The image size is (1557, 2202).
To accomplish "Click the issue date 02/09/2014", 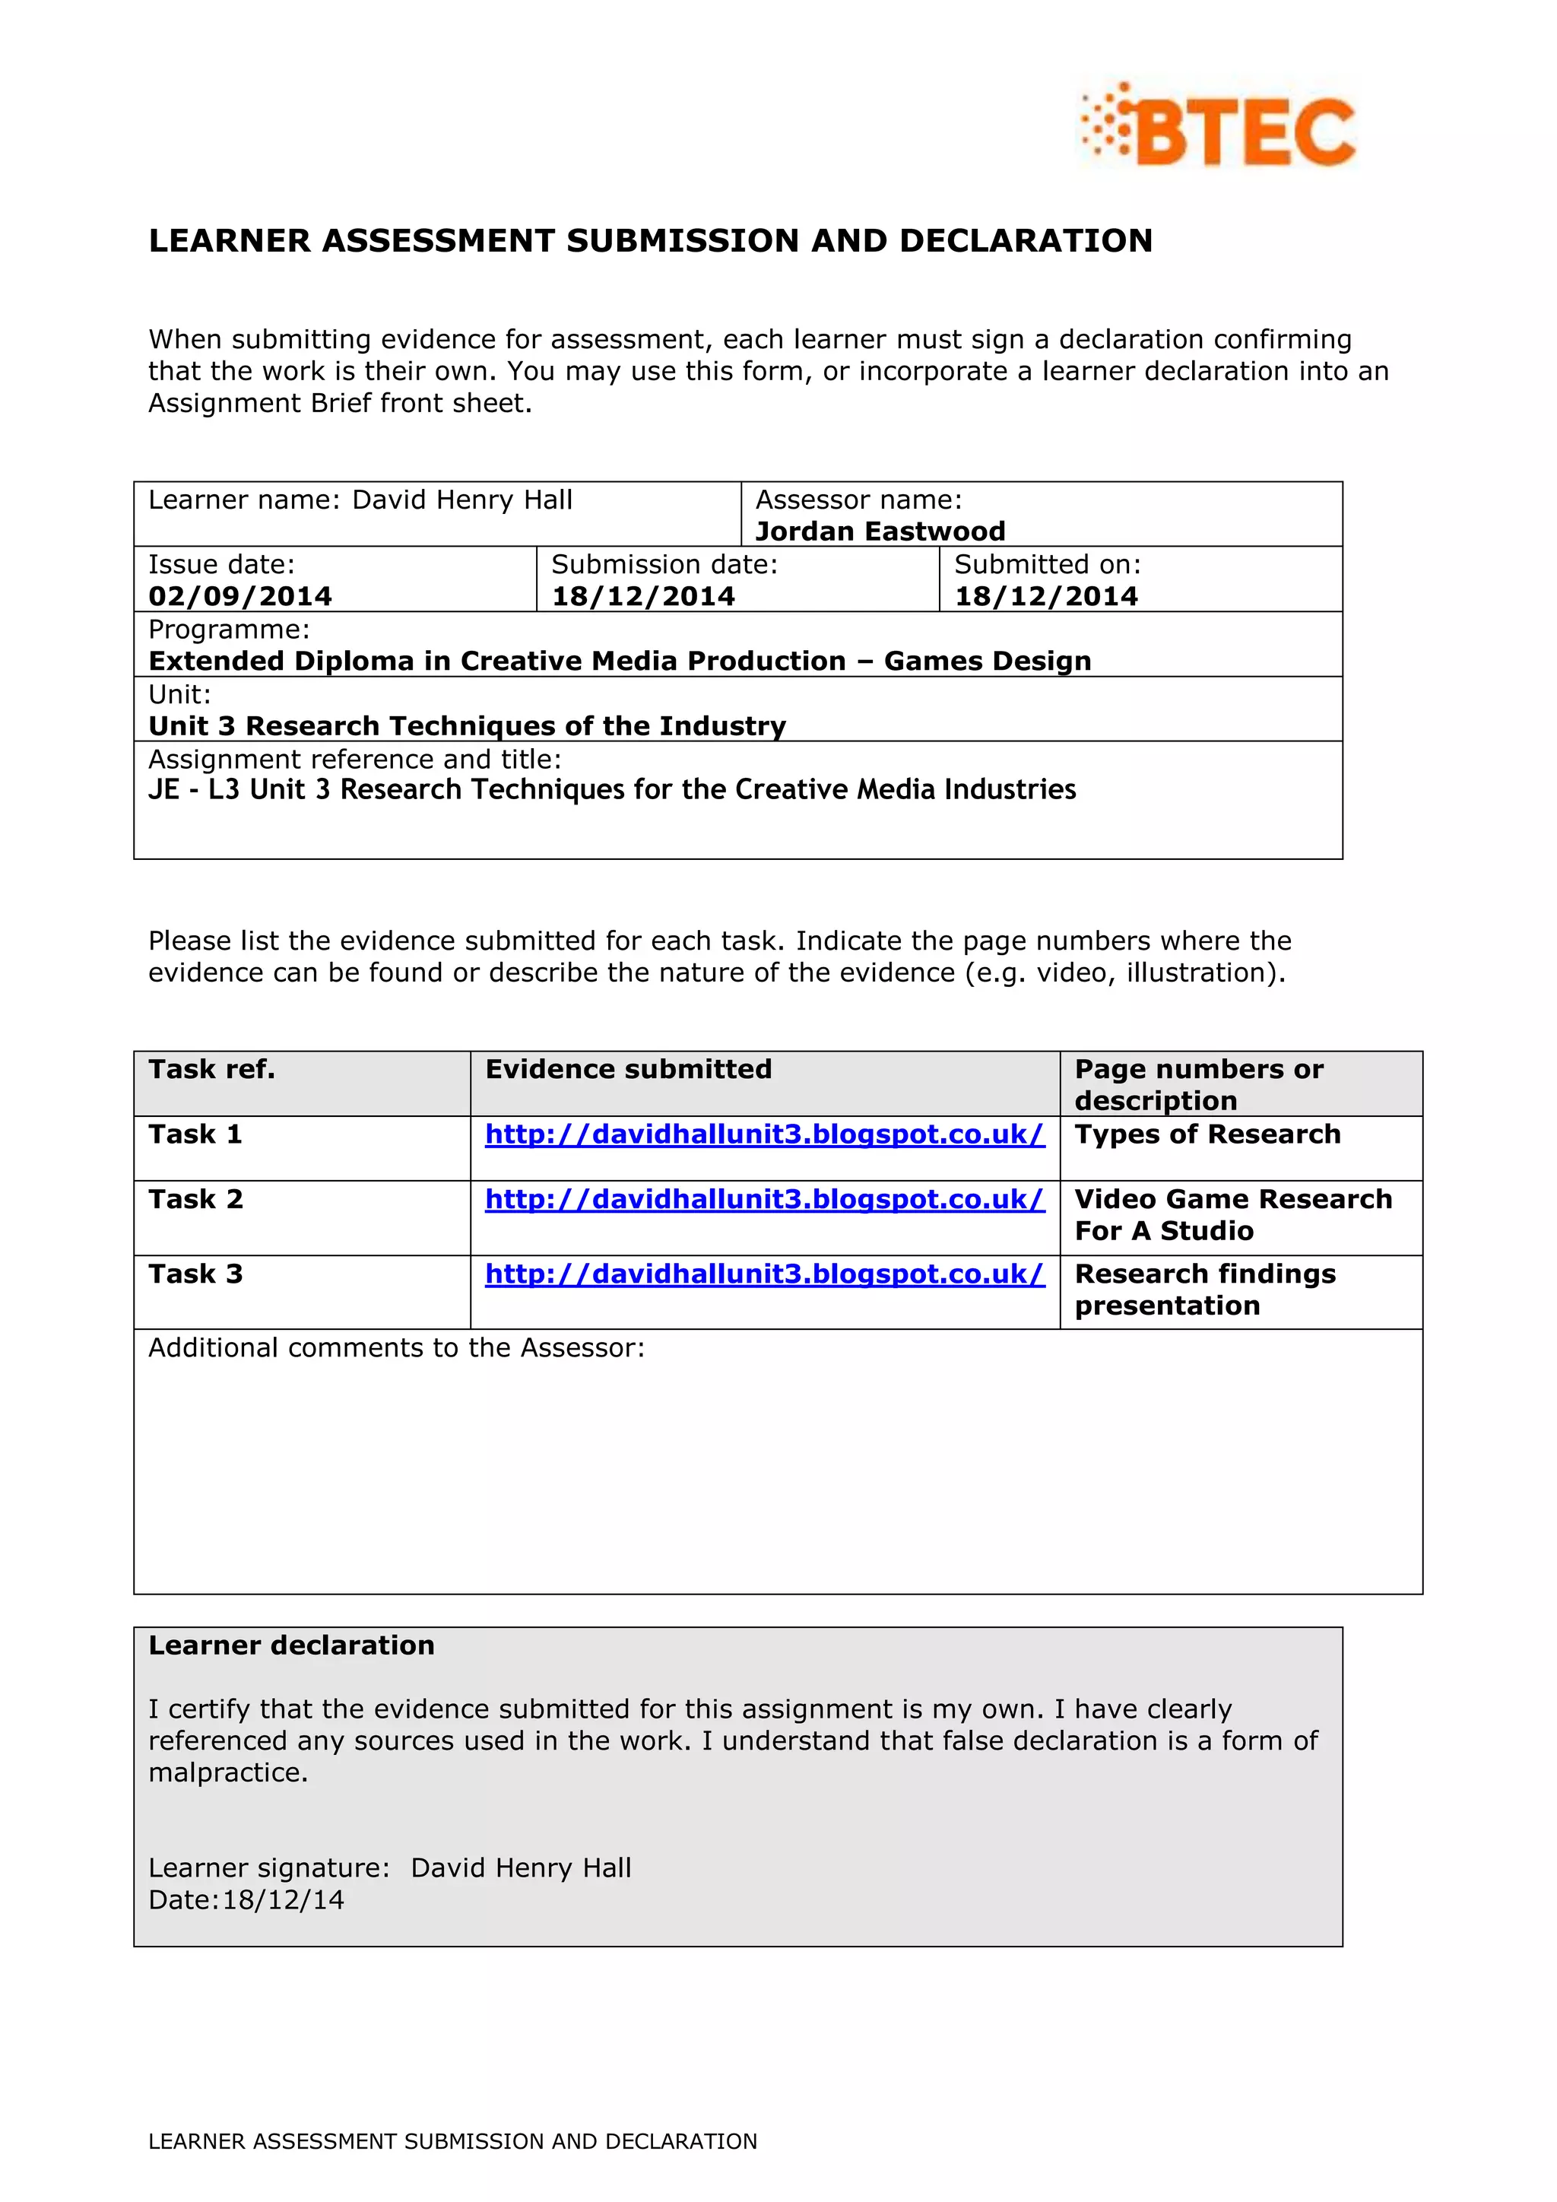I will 239,597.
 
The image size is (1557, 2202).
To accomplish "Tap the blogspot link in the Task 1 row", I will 764,1134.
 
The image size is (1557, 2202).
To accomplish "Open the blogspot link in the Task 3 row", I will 764,1274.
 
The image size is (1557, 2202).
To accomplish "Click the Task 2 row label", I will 195,1200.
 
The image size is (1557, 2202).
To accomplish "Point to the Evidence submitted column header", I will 628,1069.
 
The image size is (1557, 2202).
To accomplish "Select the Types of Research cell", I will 1207,1134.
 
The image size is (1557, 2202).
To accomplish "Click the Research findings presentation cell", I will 1204,1290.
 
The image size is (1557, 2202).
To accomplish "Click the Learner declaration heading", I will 291,1645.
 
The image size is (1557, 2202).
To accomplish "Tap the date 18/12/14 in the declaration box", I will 283,1900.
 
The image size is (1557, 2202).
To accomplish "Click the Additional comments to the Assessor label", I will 396,1348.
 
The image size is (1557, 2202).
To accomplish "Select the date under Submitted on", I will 1046,597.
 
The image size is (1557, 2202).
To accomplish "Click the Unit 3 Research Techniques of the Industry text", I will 467,726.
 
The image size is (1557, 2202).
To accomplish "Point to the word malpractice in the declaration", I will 227,1772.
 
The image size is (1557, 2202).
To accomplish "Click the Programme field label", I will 229,630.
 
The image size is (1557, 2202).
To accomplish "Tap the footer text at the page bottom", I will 452,2142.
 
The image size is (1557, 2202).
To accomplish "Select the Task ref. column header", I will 212,1069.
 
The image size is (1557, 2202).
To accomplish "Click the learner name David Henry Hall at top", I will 462,500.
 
